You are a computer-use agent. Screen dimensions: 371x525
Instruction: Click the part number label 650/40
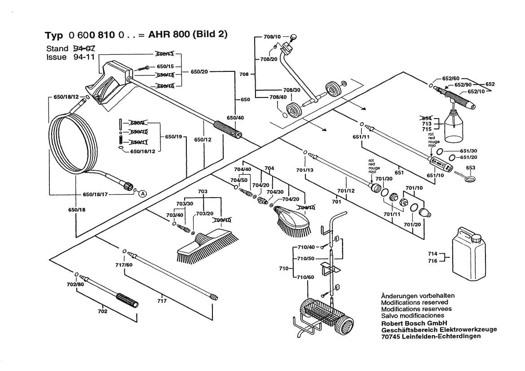(x=235, y=118)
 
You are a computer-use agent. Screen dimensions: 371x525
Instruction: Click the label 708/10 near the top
(x=272, y=37)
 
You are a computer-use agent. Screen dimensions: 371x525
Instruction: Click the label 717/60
(x=124, y=265)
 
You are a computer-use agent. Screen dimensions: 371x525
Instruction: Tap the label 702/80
(x=75, y=285)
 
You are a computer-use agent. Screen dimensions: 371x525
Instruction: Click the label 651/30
(x=468, y=151)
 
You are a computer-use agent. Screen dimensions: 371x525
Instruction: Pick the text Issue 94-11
(x=63, y=57)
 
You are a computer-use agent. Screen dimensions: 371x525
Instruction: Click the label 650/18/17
(x=95, y=194)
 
